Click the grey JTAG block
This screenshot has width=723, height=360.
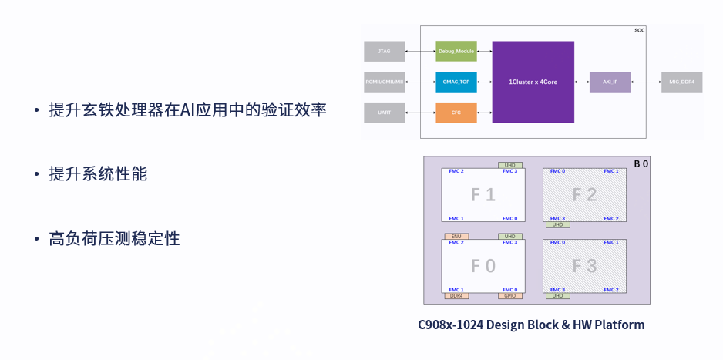(x=384, y=52)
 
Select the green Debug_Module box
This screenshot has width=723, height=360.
(x=456, y=52)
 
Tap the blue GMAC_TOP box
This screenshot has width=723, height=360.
(x=456, y=82)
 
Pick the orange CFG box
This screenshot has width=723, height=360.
(x=456, y=113)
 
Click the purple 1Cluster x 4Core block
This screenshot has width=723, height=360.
(x=533, y=82)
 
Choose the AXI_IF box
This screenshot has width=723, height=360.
(x=610, y=82)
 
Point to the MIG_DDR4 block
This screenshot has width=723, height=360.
(x=681, y=82)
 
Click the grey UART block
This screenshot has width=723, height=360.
(x=384, y=113)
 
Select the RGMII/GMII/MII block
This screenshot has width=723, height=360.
(x=384, y=82)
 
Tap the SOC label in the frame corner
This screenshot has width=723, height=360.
(x=639, y=31)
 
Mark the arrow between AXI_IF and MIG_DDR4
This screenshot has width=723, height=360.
(x=645, y=82)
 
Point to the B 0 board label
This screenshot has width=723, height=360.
(x=641, y=163)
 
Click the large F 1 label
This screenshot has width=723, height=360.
(x=483, y=195)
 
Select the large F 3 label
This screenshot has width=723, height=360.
(x=585, y=267)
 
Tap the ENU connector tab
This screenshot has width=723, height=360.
(x=456, y=236)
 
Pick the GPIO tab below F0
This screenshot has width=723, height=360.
(x=509, y=296)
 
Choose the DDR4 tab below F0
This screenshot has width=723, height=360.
(x=456, y=296)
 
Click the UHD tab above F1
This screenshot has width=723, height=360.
(x=509, y=165)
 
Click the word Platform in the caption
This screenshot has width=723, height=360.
(x=617, y=325)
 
